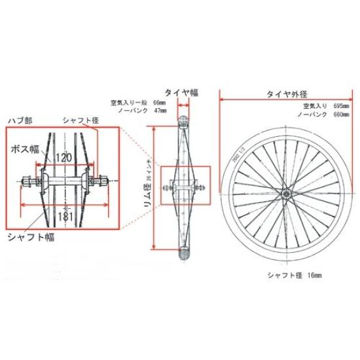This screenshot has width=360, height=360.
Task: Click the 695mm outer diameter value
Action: coord(340,105)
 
